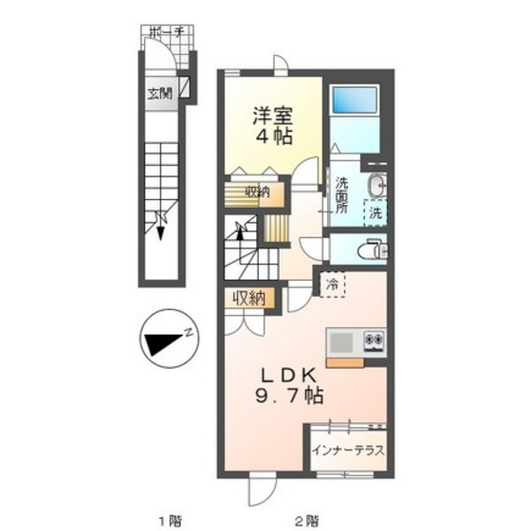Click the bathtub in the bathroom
pos(355,100)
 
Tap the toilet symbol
pos(374,249)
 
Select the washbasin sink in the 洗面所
pos(377,186)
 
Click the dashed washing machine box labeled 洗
pos(375,213)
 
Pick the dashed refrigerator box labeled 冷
pos(333,284)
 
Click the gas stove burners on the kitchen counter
pos(375,341)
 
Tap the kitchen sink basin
pos(341,342)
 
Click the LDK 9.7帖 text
pos(289,386)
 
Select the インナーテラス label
pos(349,450)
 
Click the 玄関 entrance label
pos(160,94)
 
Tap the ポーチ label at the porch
pos(166,33)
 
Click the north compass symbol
pos(169,339)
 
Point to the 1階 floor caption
pos(170,520)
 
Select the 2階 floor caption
pos(306,520)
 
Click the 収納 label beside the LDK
pos(248,299)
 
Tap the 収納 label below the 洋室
pos(257,192)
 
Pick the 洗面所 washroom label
pos(341,195)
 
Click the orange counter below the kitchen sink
pos(345,362)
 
